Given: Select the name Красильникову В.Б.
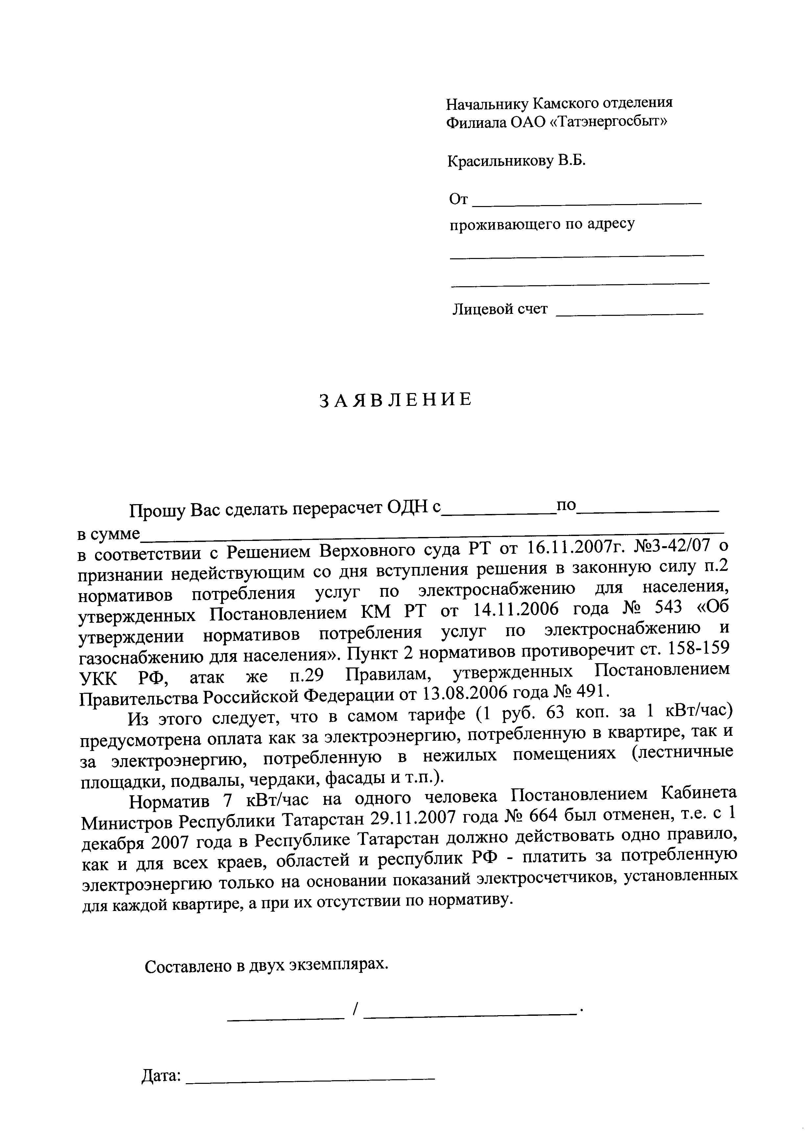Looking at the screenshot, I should [x=516, y=161].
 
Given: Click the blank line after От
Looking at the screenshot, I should [x=586, y=203].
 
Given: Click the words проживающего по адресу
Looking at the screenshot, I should [x=542, y=224].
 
